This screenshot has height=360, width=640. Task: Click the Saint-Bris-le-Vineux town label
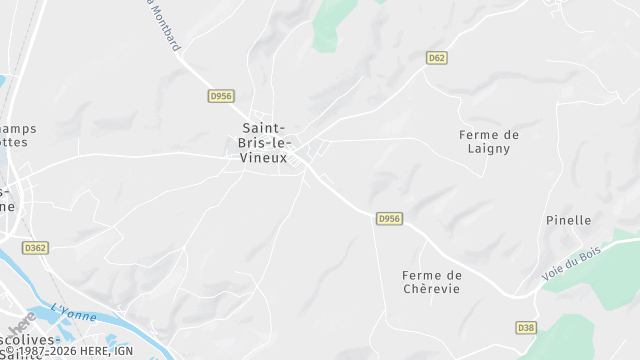tap(265, 142)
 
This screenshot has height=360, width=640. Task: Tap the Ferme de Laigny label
tap(490, 141)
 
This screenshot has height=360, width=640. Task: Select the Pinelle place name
tap(569, 220)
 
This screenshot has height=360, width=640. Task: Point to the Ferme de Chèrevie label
tap(431, 282)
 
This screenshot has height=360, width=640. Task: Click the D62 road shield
tap(436, 58)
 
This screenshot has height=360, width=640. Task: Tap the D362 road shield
tap(35, 247)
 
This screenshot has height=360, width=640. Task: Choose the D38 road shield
tap(526, 328)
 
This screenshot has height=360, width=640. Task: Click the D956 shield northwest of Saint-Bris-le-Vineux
tap(221, 96)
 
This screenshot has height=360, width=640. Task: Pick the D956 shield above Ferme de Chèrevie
tap(389, 218)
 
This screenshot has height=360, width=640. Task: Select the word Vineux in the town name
tap(265, 158)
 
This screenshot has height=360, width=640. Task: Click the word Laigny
tap(490, 148)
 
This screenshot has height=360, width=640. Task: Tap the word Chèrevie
tap(431, 290)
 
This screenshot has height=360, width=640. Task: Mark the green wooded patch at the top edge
tap(329, 25)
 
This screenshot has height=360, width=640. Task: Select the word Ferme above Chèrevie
tap(431, 275)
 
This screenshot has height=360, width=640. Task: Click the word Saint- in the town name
tap(265, 127)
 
